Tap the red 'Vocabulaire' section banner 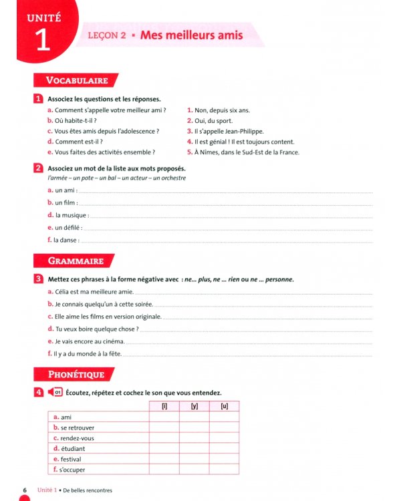76,80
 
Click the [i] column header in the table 164,406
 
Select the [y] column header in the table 194,406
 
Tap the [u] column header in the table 224,406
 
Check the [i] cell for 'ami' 164,417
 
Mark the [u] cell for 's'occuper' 224,470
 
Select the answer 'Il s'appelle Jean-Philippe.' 229,131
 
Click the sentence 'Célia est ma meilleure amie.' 92,292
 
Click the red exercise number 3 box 39,279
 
